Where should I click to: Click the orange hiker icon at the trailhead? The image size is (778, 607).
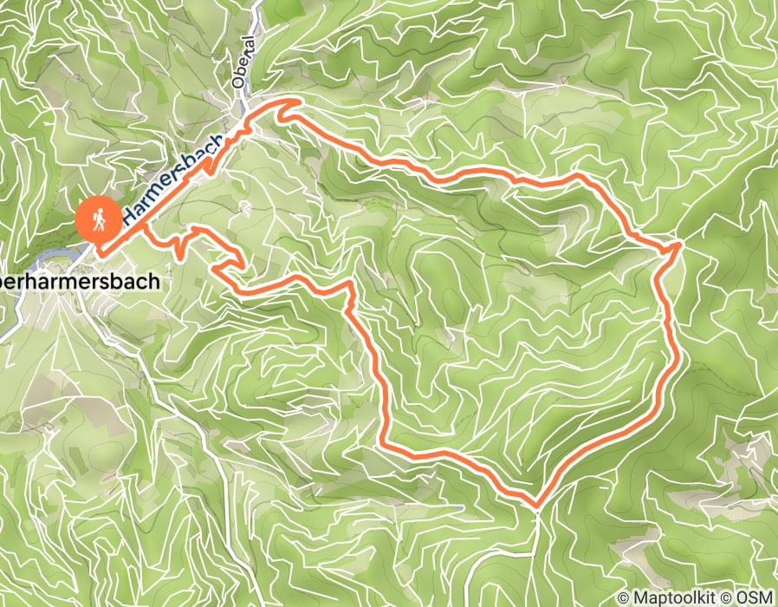[x=99, y=219]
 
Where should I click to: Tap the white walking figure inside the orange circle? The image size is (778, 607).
[x=100, y=219]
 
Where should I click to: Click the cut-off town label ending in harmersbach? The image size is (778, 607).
[x=79, y=282]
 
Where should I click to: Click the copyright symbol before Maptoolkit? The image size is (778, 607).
[x=626, y=597]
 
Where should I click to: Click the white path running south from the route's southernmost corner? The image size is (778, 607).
[x=539, y=555]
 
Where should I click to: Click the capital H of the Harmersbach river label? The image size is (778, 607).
[x=130, y=213]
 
